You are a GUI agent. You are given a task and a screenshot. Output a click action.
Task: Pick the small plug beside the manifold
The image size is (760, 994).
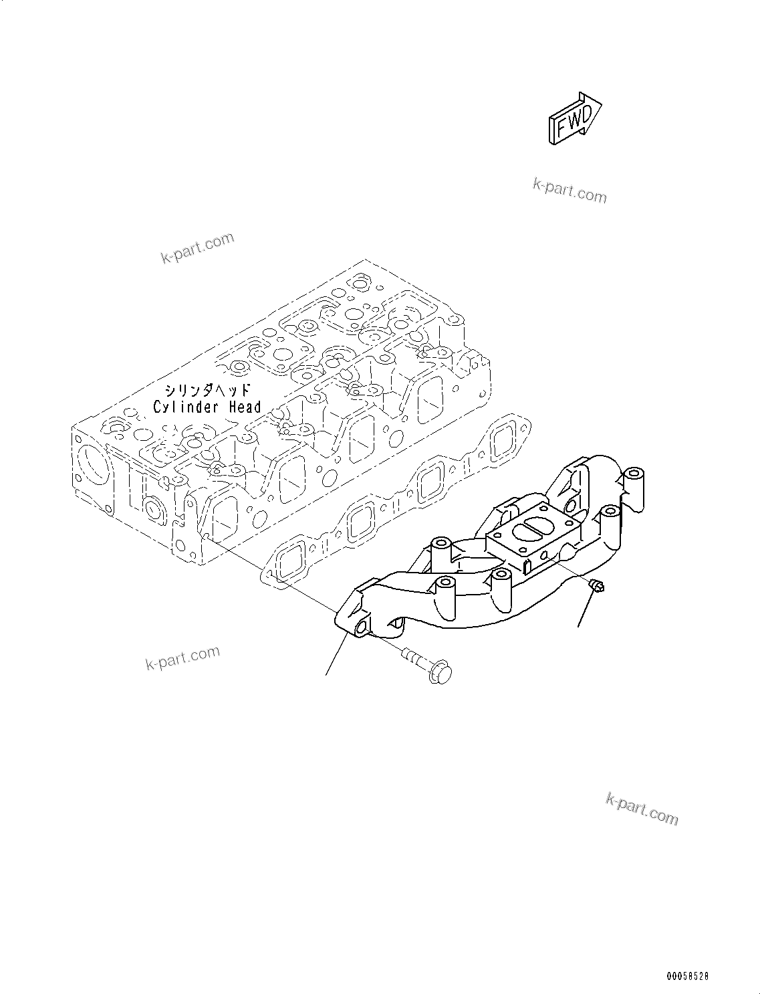[x=597, y=586]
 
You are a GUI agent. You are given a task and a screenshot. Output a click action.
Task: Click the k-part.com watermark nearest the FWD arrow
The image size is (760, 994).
[x=569, y=191]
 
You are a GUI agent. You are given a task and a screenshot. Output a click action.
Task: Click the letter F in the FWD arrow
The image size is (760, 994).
[x=563, y=125]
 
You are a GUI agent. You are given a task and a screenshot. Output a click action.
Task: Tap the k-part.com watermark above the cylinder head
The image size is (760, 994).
[x=198, y=248]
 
